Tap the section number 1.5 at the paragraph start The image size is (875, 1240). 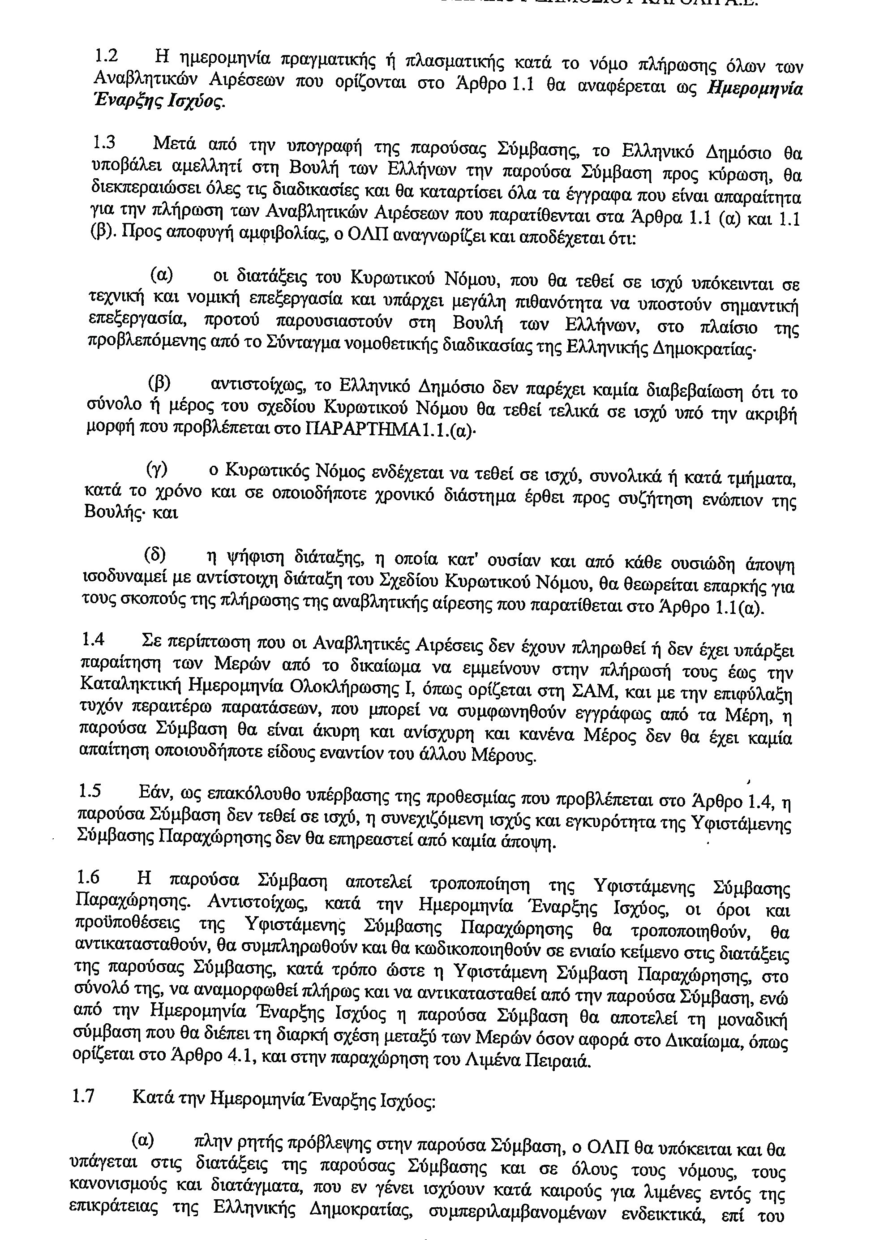pyautogui.click(x=90, y=791)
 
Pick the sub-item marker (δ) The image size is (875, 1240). pyautogui.click(x=155, y=555)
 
